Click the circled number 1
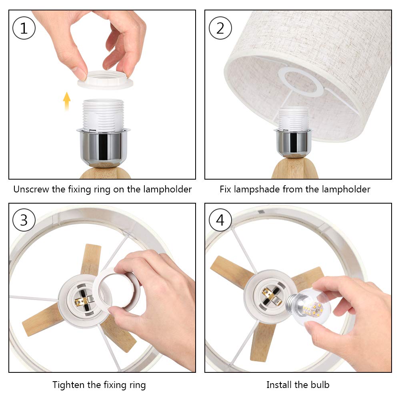[24, 28]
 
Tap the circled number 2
[220, 28]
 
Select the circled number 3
[24, 220]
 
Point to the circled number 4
[220, 220]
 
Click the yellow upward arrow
[66, 101]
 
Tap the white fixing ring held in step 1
[105, 80]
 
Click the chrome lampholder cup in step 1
[103, 147]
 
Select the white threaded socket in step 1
[103, 115]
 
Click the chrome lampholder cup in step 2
[293, 143]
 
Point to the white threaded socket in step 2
[293, 119]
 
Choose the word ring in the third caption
[137, 385]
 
